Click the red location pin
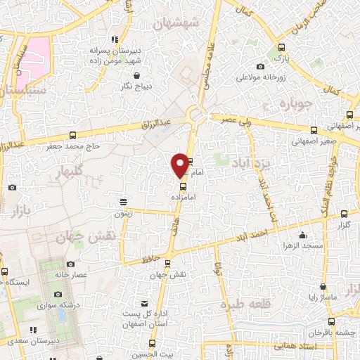coord(180,165)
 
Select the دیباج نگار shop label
coord(136,87)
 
